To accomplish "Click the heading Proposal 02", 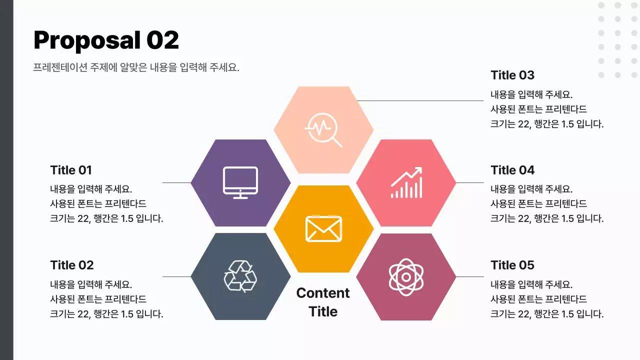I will [x=106, y=40].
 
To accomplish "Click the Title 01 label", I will [x=71, y=170].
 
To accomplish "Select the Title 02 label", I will [x=72, y=265].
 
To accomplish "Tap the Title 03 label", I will [x=512, y=75].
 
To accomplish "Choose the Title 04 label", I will [x=512, y=170].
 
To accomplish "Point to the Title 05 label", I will [x=512, y=265].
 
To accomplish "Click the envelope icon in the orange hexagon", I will [x=323, y=229].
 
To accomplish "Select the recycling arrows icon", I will [x=240, y=276].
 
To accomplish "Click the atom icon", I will [x=406, y=276].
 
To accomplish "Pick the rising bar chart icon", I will [x=406, y=183].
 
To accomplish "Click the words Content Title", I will [x=323, y=302].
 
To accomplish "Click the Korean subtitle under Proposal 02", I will [x=136, y=67].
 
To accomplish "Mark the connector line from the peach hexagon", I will [x=420, y=100].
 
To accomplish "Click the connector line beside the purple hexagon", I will [x=176, y=183].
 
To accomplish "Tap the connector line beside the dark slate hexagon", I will [x=176, y=276].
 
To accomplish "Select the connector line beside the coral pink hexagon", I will [x=470, y=183].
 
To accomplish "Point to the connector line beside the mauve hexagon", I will [x=470, y=276].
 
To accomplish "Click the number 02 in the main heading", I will [x=162, y=40].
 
